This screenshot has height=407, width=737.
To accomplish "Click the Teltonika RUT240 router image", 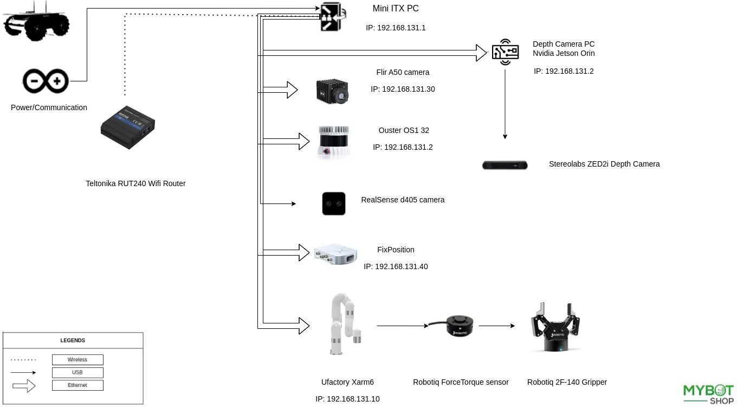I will point(128,128).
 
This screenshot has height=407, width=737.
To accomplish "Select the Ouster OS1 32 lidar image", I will point(333,143).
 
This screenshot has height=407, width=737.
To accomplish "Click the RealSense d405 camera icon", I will point(334,203).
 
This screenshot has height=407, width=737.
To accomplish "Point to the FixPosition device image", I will point(336,253).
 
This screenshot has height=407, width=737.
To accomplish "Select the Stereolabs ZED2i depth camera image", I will point(505,165).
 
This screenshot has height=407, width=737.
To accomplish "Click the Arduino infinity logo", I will point(46,81).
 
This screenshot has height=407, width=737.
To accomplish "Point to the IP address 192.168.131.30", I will point(403,89).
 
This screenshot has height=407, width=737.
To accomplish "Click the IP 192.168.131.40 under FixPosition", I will point(396,266).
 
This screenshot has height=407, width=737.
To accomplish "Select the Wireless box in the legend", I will point(77,360).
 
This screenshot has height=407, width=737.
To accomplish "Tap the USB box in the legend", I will point(77,373).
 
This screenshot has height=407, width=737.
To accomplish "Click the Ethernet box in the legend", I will point(77,385).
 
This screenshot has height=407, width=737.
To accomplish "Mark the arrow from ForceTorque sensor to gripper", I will point(496,326).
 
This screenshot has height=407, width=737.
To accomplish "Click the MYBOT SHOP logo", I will point(708,394).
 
